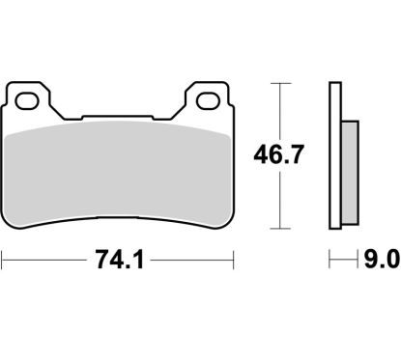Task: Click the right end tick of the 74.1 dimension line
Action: (x=235, y=261)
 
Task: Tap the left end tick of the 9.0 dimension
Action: (x=330, y=261)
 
